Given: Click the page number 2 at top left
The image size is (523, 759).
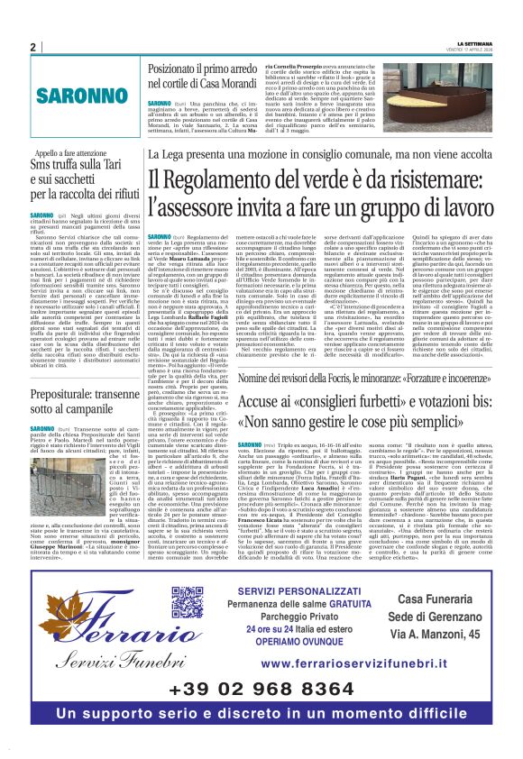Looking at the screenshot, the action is [x=33, y=47].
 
